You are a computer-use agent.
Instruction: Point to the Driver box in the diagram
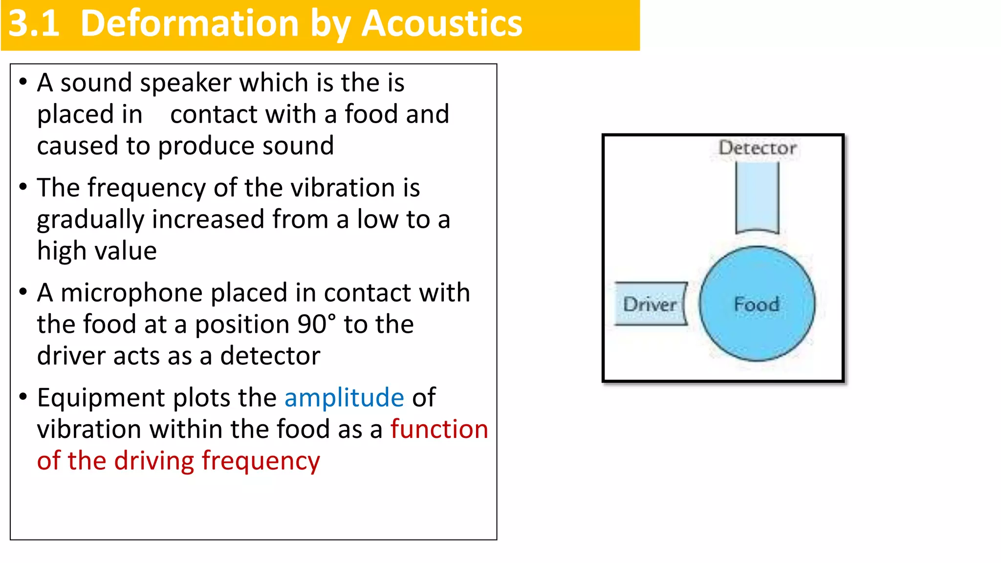tap(650, 304)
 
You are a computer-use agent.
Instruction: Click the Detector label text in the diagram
tap(758, 148)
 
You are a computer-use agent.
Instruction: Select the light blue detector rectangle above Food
tap(757, 198)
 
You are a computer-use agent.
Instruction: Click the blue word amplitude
tap(344, 397)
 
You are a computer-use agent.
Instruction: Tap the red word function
tap(439, 429)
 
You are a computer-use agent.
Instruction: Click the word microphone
tap(131, 293)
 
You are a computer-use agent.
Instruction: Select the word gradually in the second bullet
tap(90, 219)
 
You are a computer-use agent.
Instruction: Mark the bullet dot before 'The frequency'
tap(23, 187)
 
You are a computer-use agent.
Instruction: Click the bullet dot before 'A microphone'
tap(23, 292)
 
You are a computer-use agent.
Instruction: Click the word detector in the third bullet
tap(270, 356)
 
